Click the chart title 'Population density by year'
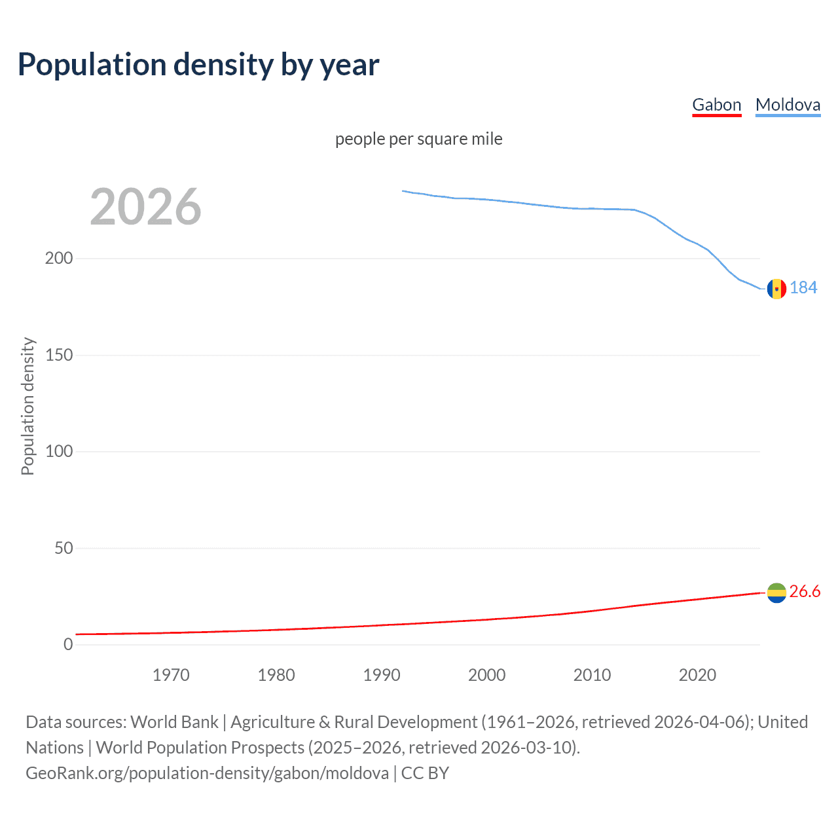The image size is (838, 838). [x=198, y=65]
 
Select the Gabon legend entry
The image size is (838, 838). [x=716, y=105]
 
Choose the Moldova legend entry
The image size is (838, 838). [x=788, y=105]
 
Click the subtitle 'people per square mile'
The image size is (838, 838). [x=418, y=139]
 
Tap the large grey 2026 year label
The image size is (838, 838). [x=145, y=207]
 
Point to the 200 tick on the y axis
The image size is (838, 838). [x=59, y=258]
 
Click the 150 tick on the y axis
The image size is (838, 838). [x=59, y=355]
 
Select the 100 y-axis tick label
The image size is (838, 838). [x=59, y=451]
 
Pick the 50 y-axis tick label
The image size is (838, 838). [x=64, y=548]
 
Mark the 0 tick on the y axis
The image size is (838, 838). [x=68, y=644]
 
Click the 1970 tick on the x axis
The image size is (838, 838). [x=171, y=675]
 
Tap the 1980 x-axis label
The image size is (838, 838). [x=276, y=675]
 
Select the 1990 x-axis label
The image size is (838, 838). [x=382, y=675]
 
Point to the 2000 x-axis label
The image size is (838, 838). [x=486, y=675]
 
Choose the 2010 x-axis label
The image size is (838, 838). [x=592, y=675]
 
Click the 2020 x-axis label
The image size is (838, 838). [x=697, y=675]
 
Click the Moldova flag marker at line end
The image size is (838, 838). [x=776, y=288]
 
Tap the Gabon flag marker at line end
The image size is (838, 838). [x=776, y=592]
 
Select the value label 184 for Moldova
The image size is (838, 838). [x=803, y=288]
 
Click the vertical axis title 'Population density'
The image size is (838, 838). [x=27, y=406]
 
